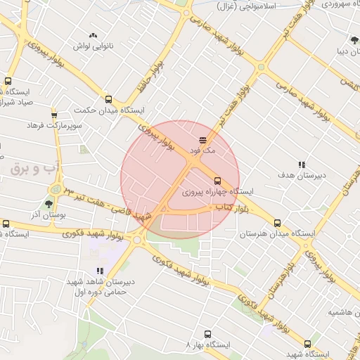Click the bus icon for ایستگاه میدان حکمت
(108, 99)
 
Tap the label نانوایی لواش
(93, 46)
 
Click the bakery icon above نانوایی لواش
(93, 35)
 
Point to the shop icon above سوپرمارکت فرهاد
(54, 114)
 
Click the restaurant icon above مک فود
(202, 139)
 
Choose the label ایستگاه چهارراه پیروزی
(217, 191)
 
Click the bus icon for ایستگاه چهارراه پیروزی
(217, 180)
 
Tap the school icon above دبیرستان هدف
(302, 165)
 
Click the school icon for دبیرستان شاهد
(99, 270)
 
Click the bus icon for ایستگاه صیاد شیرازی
(8, 82)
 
